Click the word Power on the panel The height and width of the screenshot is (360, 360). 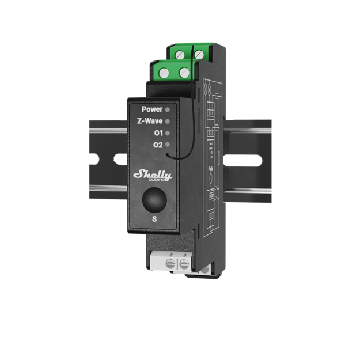point(151,108)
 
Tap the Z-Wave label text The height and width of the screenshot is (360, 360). point(149,121)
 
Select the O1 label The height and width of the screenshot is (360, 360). point(157,133)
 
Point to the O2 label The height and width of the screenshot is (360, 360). point(157,145)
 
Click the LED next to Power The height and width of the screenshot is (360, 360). point(168,108)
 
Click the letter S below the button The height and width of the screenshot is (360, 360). point(154,219)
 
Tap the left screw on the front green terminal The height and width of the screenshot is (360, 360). point(165,73)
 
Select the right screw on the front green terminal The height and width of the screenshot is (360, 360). point(185,72)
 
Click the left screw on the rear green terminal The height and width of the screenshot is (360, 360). point(180,55)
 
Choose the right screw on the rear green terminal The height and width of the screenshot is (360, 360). point(198,54)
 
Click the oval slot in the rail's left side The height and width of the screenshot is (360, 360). point(120,158)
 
